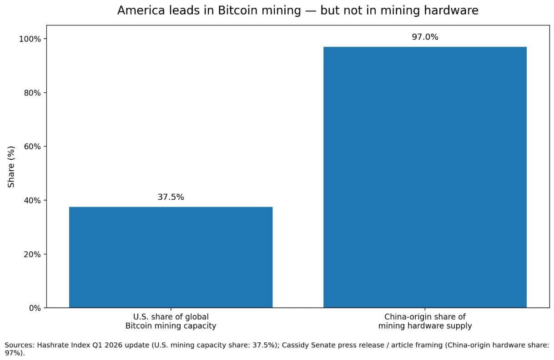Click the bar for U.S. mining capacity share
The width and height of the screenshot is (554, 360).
[x=171, y=257]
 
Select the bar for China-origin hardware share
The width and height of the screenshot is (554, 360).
[x=425, y=177]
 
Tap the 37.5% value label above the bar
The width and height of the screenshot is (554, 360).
[x=171, y=197]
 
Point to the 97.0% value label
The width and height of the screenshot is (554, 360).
[x=425, y=37]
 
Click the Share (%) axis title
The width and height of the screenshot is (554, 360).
[x=11, y=167]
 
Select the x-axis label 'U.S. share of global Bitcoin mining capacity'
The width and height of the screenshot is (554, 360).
[x=171, y=321]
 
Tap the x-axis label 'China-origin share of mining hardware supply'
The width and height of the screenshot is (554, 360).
[x=425, y=321]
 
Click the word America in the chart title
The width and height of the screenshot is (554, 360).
[x=137, y=10]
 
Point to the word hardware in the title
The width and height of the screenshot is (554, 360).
[x=455, y=10]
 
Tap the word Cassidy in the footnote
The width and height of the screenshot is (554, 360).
[x=295, y=345]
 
